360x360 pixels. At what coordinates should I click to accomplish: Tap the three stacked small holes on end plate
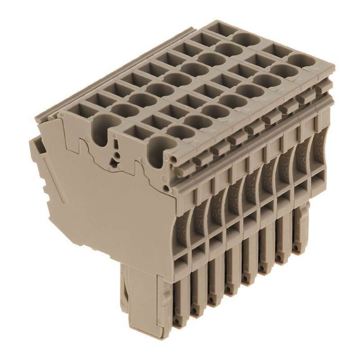pyautogui.click(x=116, y=157)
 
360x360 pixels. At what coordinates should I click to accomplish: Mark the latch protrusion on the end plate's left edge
pyautogui.click(x=36, y=146)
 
